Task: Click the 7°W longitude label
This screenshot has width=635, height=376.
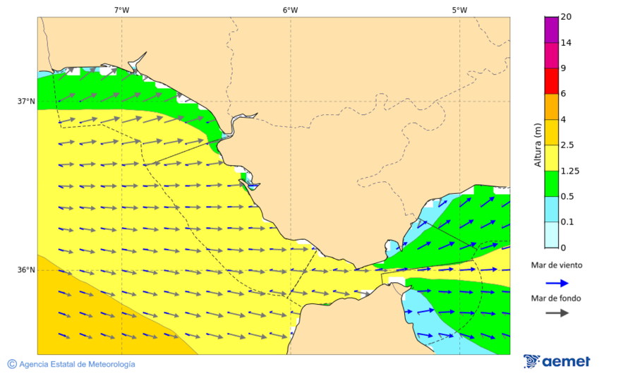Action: (x=121, y=10)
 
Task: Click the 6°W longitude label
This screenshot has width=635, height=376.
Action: (x=290, y=10)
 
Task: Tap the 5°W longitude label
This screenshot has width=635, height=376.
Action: (x=459, y=10)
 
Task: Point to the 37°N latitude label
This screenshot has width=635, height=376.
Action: (x=26, y=102)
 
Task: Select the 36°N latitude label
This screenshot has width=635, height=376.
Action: (x=26, y=270)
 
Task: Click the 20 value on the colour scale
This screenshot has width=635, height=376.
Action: (x=566, y=17)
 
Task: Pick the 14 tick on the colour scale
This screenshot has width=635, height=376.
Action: (x=566, y=42)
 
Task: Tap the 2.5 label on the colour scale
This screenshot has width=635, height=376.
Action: (x=567, y=145)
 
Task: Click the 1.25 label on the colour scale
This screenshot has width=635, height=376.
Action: (x=569, y=171)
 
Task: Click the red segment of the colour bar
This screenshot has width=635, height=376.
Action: (x=551, y=81)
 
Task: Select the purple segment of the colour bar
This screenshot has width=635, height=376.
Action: (x=551, y=30)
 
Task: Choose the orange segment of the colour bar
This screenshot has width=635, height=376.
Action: (x=551, y=107)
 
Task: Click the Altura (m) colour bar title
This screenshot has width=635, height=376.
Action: (x=538, y=145)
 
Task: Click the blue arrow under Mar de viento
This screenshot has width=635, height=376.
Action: (x=557, y=283)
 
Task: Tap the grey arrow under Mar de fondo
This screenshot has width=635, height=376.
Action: (x=557, y=313)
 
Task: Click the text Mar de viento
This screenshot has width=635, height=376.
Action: (x=557, y=265)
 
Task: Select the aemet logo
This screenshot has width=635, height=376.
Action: (x=557, y=361)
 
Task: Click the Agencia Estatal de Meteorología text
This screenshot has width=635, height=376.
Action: (x=77, y=364)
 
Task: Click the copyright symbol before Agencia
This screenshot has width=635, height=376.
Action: (x=12, y=364)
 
